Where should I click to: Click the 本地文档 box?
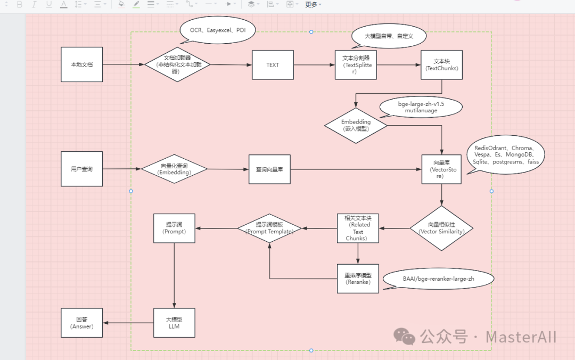[81, 64]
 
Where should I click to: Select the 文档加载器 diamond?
[178, 64]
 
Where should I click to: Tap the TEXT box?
[273, 65]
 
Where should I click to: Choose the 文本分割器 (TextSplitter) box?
[356, 65]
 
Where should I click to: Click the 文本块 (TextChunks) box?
[441, 65]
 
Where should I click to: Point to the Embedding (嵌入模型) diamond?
[356, 125]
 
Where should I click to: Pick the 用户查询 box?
[81, 169]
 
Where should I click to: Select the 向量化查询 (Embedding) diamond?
[174, 169]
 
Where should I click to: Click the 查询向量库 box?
[269, 169]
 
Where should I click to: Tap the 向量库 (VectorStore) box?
[441, 169]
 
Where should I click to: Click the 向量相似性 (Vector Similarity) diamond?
[441, 228]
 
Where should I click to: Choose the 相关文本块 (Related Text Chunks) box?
[358, 228]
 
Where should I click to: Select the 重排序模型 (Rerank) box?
[358, 279]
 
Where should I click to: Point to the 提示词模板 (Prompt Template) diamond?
[269, 228]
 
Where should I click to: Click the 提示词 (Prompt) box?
[174, 228]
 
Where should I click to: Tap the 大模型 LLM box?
[174, 323]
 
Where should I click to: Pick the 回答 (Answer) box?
[81, 323]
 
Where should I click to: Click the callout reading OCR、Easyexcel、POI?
[218, 31]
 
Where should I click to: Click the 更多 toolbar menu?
[313, 4]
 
